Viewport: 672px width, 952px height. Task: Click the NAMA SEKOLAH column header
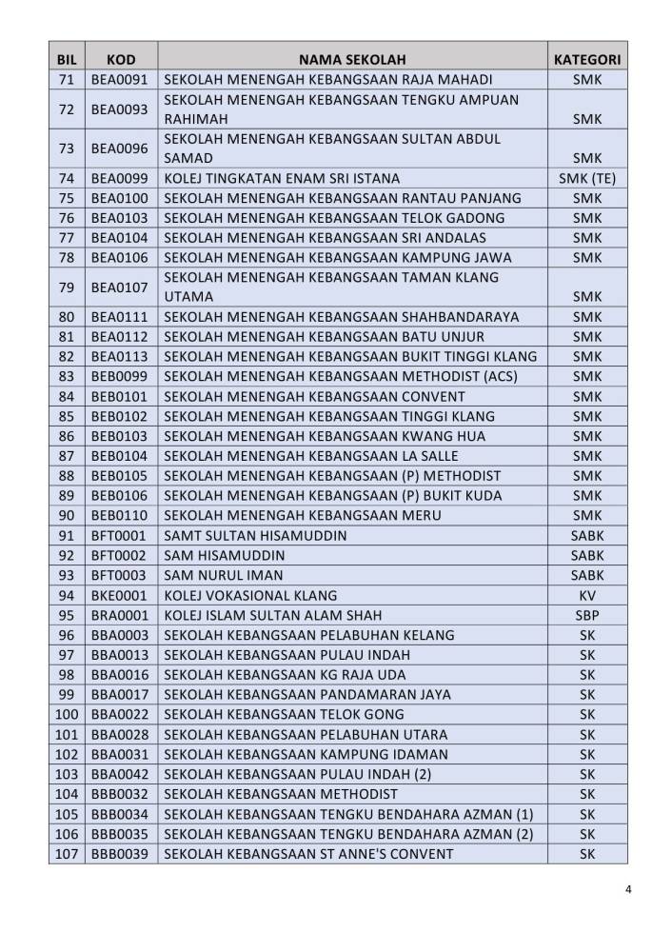352,59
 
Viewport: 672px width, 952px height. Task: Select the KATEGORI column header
587,59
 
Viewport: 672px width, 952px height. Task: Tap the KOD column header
121,59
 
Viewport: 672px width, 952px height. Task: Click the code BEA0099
121,178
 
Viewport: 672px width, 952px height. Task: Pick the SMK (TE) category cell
587,178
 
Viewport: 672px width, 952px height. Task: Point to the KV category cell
587,595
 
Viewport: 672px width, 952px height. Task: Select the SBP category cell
587,615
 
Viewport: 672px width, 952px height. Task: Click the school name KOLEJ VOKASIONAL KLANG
244,595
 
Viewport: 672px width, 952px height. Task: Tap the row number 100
67,714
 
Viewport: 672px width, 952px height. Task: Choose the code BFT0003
121,575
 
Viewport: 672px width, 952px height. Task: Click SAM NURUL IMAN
224,575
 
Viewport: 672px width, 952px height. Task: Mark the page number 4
628,891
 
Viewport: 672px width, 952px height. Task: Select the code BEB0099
121,377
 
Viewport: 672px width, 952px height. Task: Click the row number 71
67,79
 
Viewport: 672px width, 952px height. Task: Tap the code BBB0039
121,853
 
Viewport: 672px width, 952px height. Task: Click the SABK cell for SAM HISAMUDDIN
587,555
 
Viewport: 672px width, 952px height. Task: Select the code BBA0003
121,635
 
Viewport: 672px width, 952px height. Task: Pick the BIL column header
67,59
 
